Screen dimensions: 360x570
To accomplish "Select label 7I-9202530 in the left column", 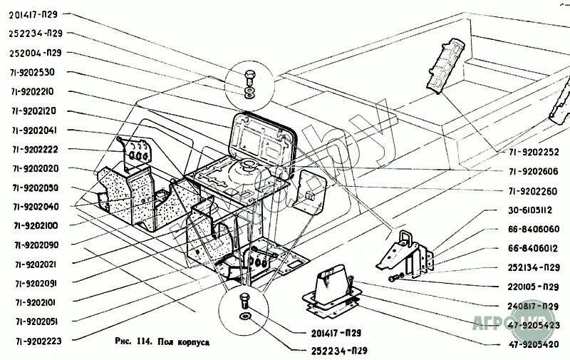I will coord(38,72).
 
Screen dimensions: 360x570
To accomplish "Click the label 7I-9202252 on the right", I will coord(534,153).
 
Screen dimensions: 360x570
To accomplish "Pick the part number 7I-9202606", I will coord(534,172).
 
